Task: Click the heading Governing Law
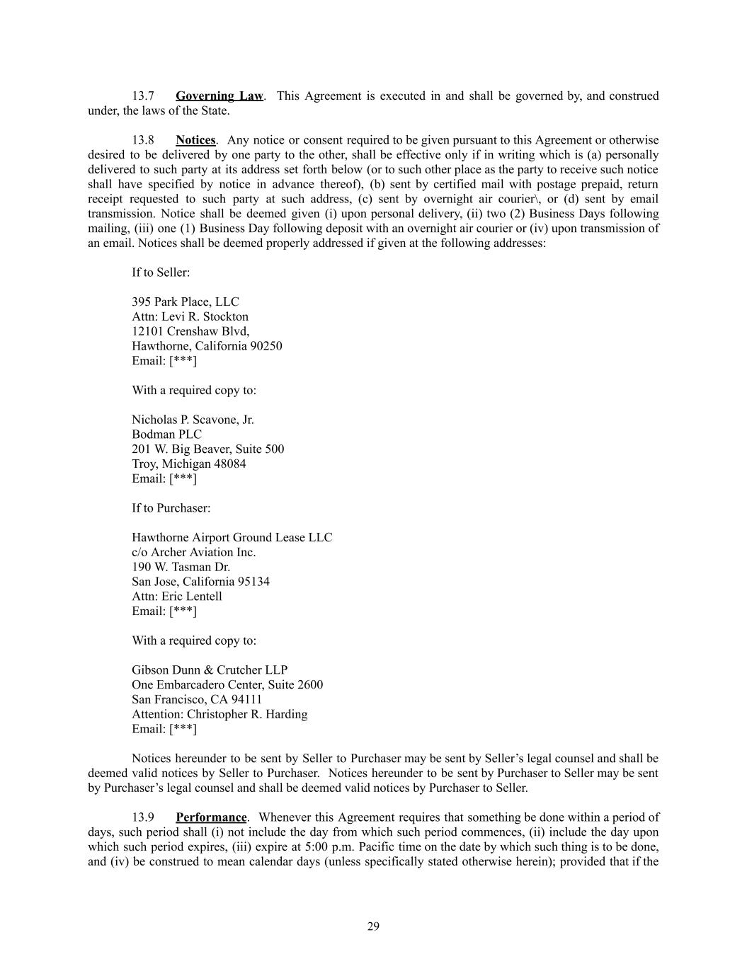219,96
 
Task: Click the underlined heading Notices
195,140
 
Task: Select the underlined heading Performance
211,817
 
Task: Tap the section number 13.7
143,96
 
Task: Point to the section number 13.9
143,817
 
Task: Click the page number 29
373,926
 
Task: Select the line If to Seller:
161,272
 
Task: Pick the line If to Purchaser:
171,508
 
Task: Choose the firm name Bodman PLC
166,435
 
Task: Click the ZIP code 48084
230,464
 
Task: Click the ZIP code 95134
253,582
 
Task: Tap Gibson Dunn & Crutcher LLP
210,670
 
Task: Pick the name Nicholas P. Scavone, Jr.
193,420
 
